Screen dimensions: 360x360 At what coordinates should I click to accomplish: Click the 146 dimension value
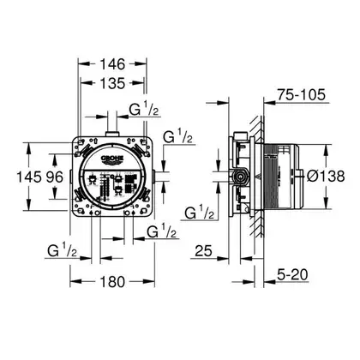pyautogui.click(x=112, y=64)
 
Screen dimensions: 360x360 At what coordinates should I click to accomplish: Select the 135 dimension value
pyautogui.click(x=112, y=83)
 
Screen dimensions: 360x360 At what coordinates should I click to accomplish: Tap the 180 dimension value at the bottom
pyautogui.click(x=112, y=282)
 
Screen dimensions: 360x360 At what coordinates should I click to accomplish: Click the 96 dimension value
pyautogui.click(x=55, y=177)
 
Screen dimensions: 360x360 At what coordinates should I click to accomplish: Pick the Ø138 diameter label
pyautogui.click(x=326, y=176)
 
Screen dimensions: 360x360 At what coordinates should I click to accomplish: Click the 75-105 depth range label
pyautogui.click(x=302, y=94)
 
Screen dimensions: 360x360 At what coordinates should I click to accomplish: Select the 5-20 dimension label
pyautogui.click(x=292, y=275)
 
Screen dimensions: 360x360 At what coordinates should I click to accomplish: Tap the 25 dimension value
pyautogui.click(x=203, y=251)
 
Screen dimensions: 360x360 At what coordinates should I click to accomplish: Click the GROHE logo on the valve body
pyautogui.click(x=111, y=159)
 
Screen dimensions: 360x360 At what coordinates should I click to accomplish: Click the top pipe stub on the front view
pyautogui.click(x=111, y=134)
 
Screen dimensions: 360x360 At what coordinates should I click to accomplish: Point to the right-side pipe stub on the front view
pyautogui.click(x=154, y=177)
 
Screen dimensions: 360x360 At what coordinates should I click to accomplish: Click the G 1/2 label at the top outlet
pyautogui.click(x=144, y=110)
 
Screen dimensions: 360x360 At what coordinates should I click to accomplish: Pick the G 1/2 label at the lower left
pyautogui.click(x=62, y=251)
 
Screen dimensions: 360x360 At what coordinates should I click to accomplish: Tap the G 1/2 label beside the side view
pyautogui.click(x=200, y=213)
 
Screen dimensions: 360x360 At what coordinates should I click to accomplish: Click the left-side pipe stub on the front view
pyautogui.click(x=70, y=177)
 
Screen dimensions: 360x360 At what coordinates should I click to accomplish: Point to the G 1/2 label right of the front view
pyautogui.click(x=177, y=137)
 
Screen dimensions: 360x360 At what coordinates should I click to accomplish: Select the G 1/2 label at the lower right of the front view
pyautogui.click(x=161, y=231)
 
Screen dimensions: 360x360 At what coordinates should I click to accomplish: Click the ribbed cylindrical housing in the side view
pyautogui.click(x=281, y=177)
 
